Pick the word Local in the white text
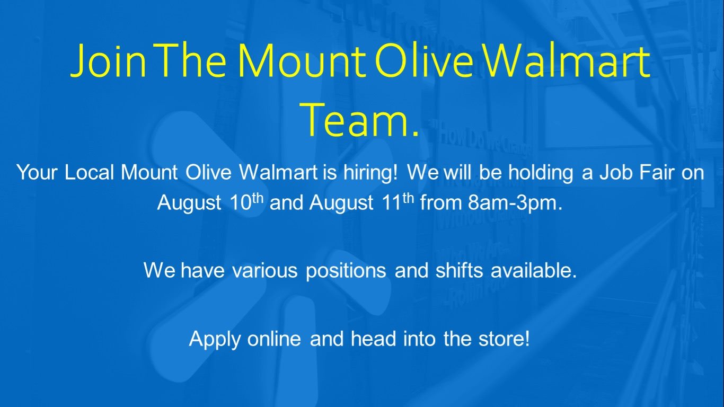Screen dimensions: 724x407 point(89,172)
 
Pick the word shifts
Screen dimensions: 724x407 point(459,270)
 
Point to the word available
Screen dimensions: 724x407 point(534,270)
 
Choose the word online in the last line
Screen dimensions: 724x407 point(274,339)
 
